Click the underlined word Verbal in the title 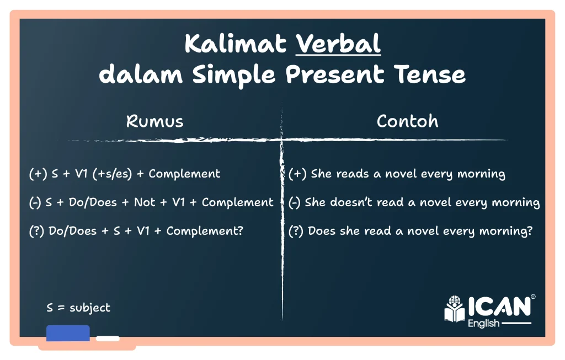[x=338, y=44]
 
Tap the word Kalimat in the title [x=236, y=44]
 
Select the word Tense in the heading [x=429, y=74]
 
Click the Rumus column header [x=154, y=121]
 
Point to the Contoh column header [x=408, y=121]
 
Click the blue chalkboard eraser [x=68, y=333]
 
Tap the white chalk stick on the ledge [x=108, y=338]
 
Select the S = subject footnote [x=78, y=308]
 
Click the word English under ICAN [x=483, y=323]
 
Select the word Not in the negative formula [x=145, y=202]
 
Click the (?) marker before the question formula [x=36, y=231]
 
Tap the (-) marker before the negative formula [x=35, y=202]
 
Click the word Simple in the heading [x=233, y=75]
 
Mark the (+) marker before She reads [x=297, y=174]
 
